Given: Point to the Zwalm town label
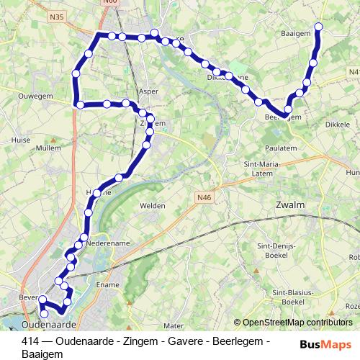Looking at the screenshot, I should pos(290,205).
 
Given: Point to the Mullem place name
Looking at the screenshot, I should pos(48,148).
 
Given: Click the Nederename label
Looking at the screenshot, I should pos(108,243).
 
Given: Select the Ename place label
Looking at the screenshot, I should pos(107,286).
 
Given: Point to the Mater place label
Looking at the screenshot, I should pos(174,325).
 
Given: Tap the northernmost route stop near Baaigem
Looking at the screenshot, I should pos(319,28).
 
